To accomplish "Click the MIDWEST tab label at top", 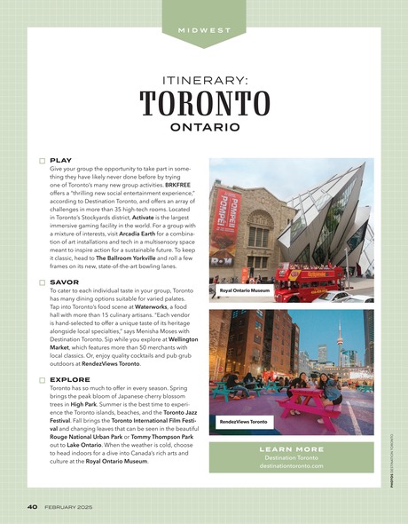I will coord(204,29).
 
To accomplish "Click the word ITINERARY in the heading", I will coord(204,78).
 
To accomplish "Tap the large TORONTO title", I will coord(204,103).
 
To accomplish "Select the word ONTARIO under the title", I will coord(204,127).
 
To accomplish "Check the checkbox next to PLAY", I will coord(42,161).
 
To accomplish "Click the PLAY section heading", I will coord(61,161).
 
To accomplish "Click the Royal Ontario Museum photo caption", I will coord(245,290).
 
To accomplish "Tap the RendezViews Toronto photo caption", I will coord(243,421).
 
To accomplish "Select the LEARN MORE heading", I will coord(291,449).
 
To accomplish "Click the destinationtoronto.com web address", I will coord(291,465).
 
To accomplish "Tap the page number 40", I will coord(31,507).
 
